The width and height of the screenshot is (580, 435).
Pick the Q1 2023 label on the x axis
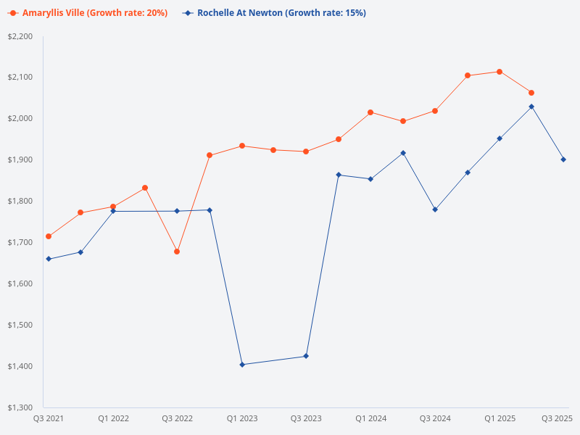[x=242, y=418]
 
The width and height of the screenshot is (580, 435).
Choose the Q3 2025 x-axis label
[x=558, y=418]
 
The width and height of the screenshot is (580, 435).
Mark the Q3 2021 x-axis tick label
[x=49, y=418]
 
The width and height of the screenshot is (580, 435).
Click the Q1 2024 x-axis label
[x=370, y=418]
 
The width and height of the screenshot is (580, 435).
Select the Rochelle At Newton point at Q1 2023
[x=242, y=365]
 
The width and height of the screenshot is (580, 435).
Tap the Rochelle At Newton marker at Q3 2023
[x=306, y=356]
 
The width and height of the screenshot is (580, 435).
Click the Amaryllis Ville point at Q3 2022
[x=177, y=252]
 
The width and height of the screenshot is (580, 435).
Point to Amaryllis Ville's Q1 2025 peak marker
[x=500, y=72]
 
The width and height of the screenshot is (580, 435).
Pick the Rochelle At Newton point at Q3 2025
[x=563, y=159]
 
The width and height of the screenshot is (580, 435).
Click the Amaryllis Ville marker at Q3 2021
[x=49, y=236]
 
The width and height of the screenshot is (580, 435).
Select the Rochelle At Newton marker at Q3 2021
[x=49, y=259]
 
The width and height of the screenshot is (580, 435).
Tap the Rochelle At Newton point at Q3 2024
[x=435, y=210]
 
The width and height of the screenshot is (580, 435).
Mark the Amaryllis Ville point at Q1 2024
[x=370, y=112]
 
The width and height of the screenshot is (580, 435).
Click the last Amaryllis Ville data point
[x=531, y=93]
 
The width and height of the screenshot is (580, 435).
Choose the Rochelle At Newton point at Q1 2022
[x=113, y=211]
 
